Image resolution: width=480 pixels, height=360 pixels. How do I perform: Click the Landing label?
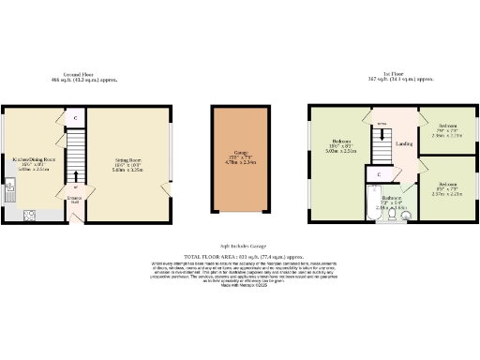[x=404, y=143]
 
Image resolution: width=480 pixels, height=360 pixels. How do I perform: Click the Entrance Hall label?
[x=75, y=199]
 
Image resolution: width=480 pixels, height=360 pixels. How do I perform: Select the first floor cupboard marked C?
[x=379, y=174]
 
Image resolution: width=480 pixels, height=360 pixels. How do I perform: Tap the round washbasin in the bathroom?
[x=405, y=215]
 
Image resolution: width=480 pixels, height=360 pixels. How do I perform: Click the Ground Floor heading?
[x=88, y=76]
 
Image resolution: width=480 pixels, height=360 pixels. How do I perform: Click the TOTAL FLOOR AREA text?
[x=240, y=255]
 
